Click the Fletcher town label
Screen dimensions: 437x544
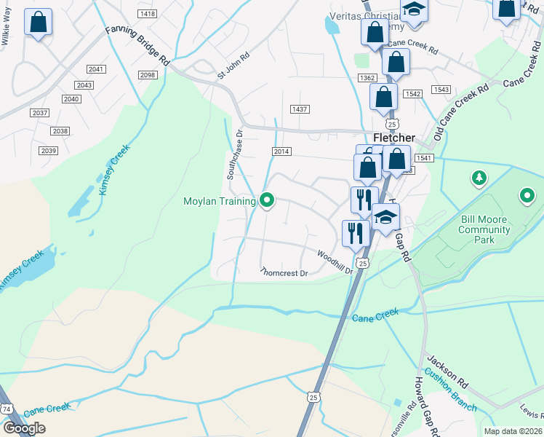(393, 138)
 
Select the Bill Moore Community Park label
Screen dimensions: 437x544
(484, 229)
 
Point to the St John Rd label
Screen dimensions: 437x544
(233, 65)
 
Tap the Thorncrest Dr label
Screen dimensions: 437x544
(284, 273)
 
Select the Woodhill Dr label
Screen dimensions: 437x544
(335, 261)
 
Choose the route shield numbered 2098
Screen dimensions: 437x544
(147, 75)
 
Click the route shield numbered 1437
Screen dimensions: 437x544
(300, 109)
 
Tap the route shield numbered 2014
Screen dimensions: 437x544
(281, 151)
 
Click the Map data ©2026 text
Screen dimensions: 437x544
(513, 431)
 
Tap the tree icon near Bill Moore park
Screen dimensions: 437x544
(478, 177)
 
